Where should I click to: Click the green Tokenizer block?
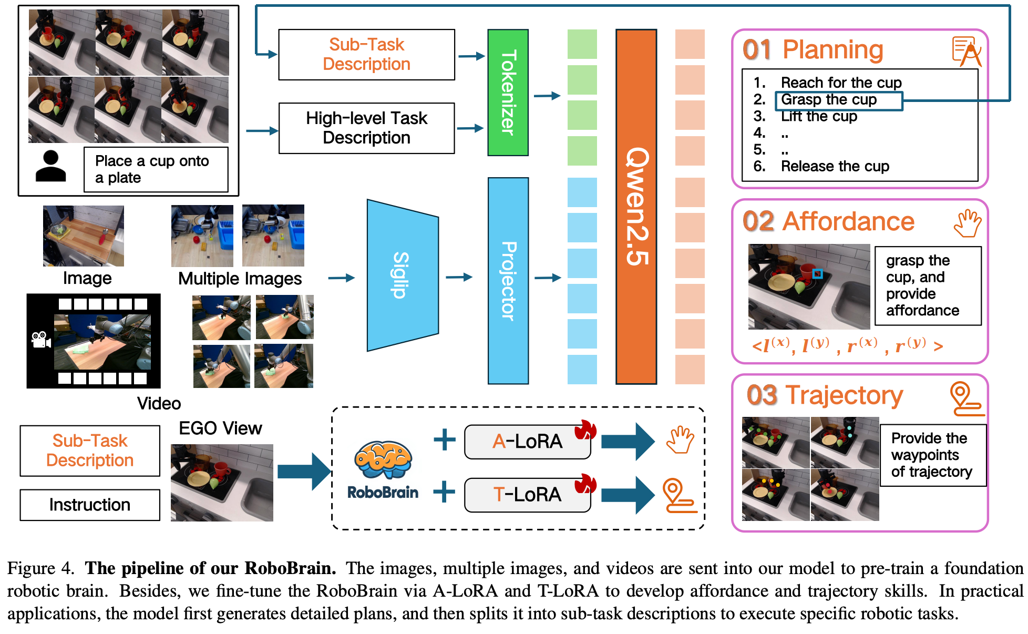[x=508, y=93]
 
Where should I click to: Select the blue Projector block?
[x=508, y=281]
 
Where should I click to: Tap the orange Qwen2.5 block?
[x=636, y=207]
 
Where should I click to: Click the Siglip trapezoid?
[x=402, y=275]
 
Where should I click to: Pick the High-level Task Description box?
[x=366, y=128]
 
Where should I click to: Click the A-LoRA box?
[x=527, y=442]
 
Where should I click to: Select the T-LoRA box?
[x=527, y=495]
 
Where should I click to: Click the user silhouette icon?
[x=50, y=167]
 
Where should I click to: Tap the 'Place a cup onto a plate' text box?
[x=156, y=169]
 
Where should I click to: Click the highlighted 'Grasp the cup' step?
[x=838, y=100]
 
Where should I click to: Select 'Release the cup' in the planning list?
[x=835, y=167]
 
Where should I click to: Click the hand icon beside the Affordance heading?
[x=967, y=223]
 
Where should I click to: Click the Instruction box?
[x=90, y=505]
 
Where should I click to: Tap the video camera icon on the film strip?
[x=40, y=340]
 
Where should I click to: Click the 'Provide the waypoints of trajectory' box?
[x=932, y=455]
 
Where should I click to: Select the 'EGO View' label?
[x=220, y=428]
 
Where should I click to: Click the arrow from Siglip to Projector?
[x=459, y=277]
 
